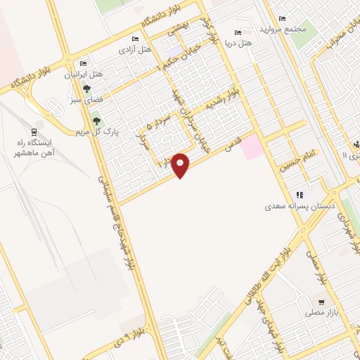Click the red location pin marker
[x=181, y=164]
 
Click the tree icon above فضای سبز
[x=86, y=89]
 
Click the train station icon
[x=34, y=131]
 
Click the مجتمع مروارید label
[x=281, y=30]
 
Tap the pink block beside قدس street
[x=252, y=147]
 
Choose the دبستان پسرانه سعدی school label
[x=297, y=207]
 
